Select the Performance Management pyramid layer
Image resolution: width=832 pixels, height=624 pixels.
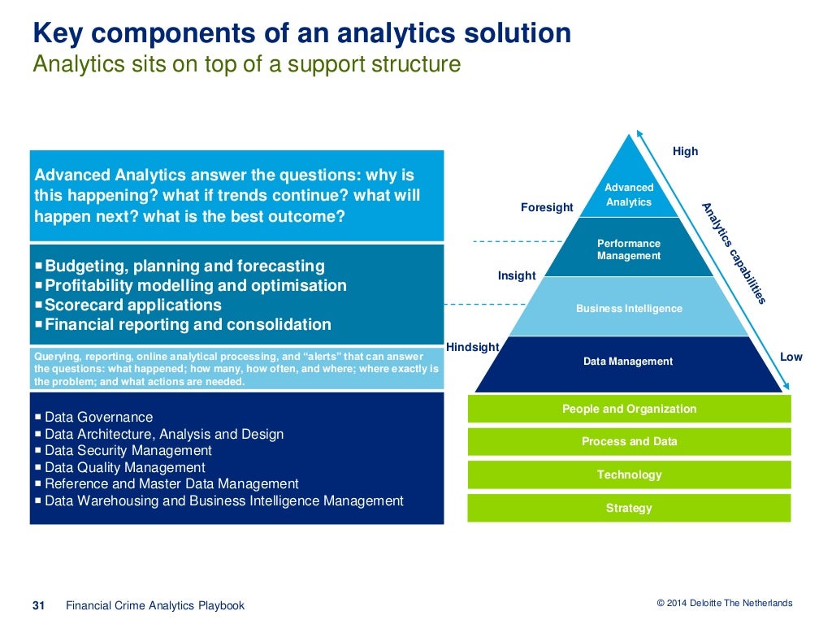tap(629, 249)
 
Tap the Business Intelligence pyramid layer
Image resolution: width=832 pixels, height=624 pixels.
tap(629, 308)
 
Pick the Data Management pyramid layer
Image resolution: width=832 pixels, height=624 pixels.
tap(628, 362)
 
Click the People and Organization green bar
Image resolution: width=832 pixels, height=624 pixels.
tap(629, 409)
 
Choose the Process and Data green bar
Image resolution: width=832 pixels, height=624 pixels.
tap(629, 441)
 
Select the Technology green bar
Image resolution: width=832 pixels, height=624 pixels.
tap(629, 474)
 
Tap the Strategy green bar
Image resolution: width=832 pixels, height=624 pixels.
tap(629, 508)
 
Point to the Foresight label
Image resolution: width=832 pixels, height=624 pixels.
tap(547, 207)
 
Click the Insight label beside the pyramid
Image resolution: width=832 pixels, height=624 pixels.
tap(517, 275)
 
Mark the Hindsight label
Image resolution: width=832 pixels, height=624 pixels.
tap(472, 347)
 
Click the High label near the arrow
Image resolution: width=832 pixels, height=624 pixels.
tap(685, 151)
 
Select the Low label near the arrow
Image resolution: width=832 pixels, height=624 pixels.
tap(791, 357)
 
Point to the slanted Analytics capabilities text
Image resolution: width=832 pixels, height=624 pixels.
tap(734, 253)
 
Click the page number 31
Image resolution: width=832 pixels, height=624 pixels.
tap(37, 604)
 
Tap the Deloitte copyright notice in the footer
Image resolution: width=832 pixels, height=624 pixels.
tap(724, 603)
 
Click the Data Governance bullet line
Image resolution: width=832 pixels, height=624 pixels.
tap(98, 417)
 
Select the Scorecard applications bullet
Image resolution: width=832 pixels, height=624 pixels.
tap(133, 305)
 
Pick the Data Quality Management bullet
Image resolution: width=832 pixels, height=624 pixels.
tap(124, 467)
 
